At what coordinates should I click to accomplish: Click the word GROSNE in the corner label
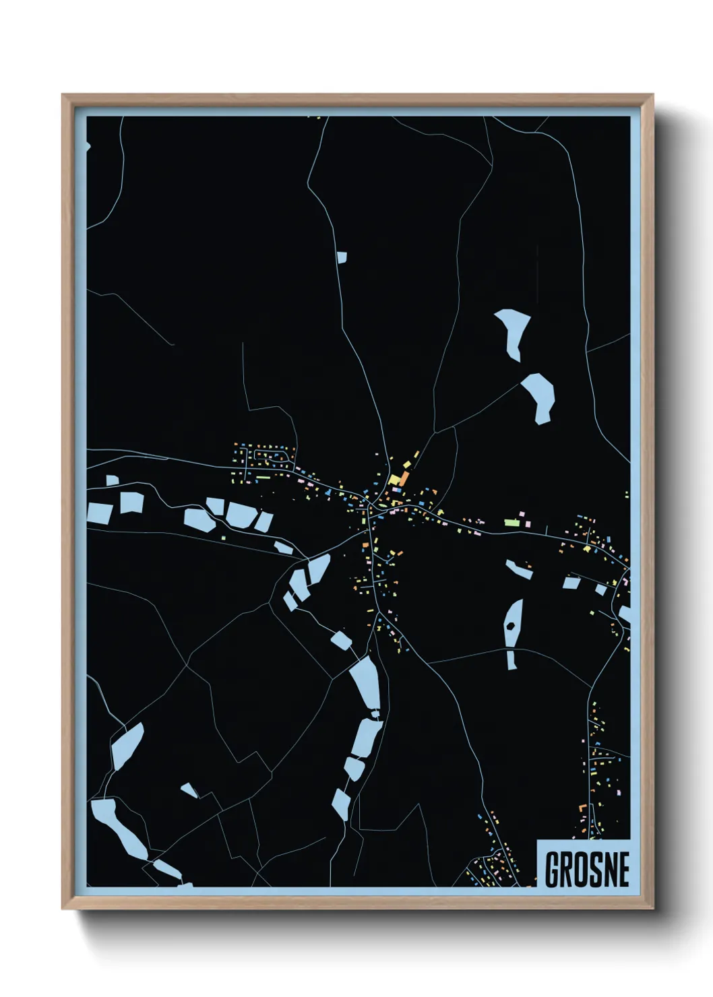(586, 870)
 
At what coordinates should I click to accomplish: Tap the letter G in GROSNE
(553, 870)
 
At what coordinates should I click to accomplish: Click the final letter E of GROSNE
(623, 870)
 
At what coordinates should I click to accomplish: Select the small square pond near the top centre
(342, 257)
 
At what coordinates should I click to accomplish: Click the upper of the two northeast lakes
(513, 332)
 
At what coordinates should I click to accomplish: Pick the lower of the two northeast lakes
(539, 396)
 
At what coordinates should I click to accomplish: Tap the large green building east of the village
(511, 522)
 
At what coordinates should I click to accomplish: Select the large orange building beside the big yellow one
(404, 479)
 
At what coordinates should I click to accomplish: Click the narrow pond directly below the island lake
(511, 660)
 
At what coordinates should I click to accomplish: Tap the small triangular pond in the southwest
(189, 790)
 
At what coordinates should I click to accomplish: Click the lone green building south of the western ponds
(226, 537)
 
